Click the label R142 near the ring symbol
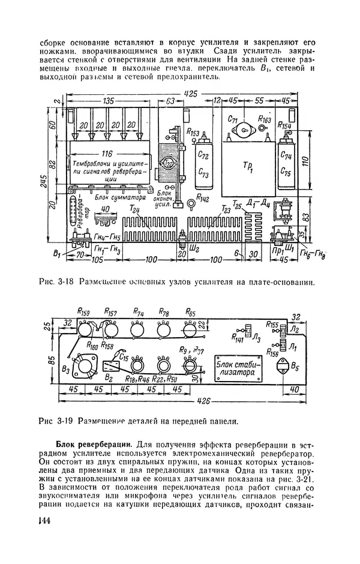point(203,199)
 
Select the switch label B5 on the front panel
point(295,365)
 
